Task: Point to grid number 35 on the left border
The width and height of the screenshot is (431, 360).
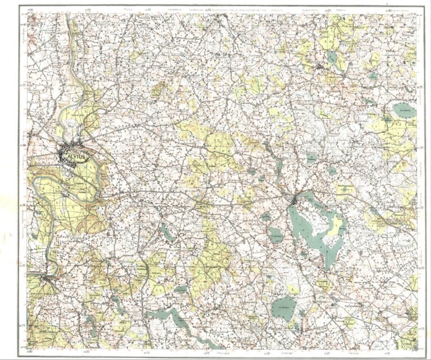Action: [x=23, y=85]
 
